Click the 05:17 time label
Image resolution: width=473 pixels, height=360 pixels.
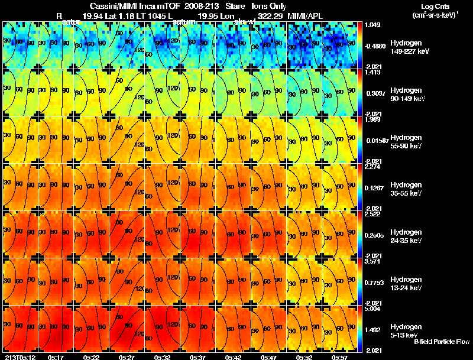coord(56,357)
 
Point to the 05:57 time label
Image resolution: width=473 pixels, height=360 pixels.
coord(339,357)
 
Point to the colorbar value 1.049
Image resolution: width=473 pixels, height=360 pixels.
coord(372,25)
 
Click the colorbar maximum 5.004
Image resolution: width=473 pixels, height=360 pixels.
coord(372,309)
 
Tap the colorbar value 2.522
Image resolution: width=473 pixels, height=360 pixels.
coord(372,214)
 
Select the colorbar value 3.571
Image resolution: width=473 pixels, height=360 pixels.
coord(372,261)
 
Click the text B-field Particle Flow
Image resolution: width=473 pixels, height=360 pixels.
coord(441,342)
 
